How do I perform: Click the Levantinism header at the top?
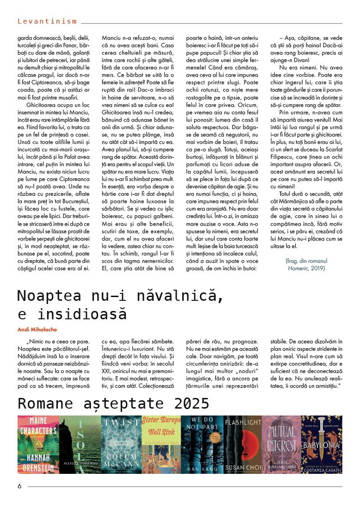click(x=47, y=21)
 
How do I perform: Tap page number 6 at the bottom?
click(x=20, y=486)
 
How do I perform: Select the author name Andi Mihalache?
click(x=37, y=329)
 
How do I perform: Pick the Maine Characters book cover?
click(x=38, y=444)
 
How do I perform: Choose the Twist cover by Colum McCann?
click(x=121, y=444)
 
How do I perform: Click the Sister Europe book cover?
click(x=161, y=444)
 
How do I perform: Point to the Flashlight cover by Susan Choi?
click(x=243, y=444)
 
